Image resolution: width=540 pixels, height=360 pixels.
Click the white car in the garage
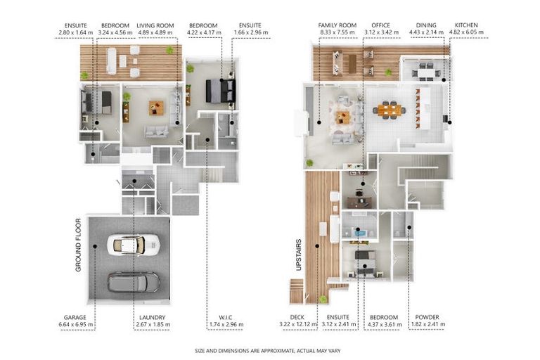134,245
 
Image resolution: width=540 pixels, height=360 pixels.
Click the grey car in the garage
134,282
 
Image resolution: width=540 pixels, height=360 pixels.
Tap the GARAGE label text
75,317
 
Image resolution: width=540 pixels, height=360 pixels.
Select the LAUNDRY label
152,317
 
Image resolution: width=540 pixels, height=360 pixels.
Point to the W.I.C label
226,317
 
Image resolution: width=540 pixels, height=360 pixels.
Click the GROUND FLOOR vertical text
78,245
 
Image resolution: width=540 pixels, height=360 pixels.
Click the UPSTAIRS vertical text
299,255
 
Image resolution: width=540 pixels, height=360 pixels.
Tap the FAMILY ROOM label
337,25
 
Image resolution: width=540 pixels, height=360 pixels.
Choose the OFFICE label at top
380,25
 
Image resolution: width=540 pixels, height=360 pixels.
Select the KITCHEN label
466,25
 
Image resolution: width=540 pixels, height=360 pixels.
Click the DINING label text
426,25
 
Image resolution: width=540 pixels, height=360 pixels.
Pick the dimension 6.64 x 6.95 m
76,325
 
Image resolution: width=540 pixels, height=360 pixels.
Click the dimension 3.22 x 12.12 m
298,325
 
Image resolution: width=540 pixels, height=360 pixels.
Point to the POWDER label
427,317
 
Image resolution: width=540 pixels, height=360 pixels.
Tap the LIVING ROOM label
155,25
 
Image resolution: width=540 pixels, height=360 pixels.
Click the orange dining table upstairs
390,110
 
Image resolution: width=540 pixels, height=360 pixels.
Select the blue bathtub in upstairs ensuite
360,233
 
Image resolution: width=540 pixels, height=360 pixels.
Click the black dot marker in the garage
95,246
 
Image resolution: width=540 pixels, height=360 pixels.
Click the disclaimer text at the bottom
268,351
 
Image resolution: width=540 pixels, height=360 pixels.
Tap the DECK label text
297,317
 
